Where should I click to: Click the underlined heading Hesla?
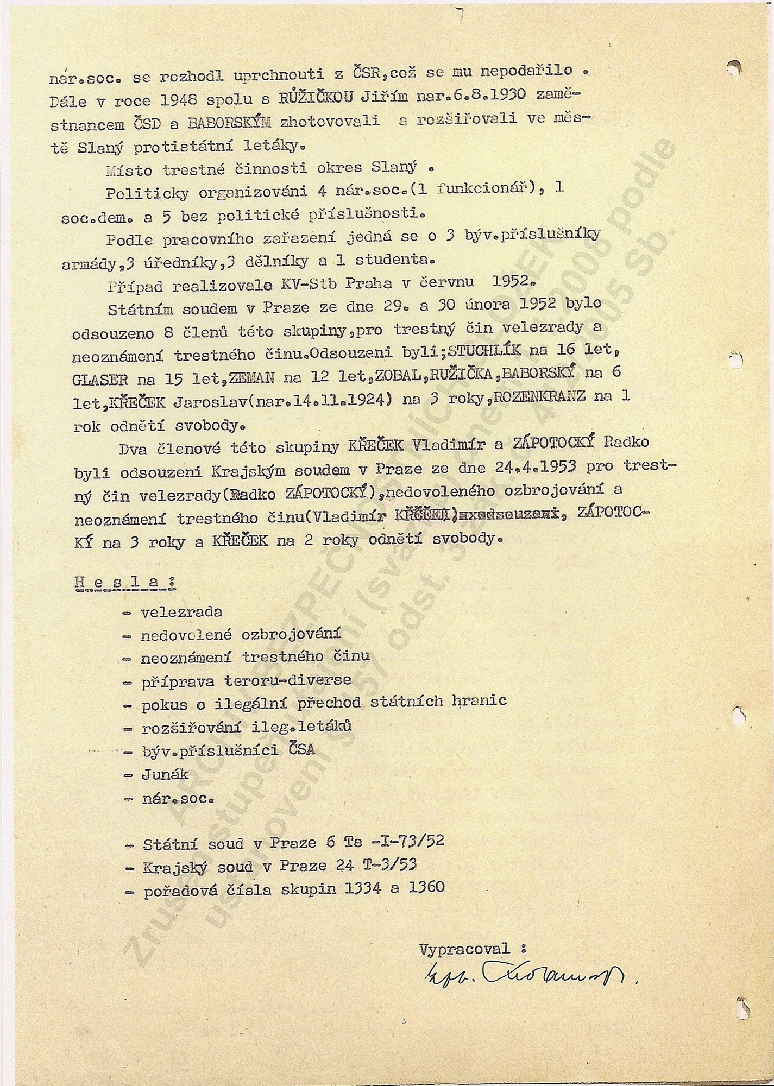click(x=124, y=582)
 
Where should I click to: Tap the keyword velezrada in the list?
click(x=181, y=612)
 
